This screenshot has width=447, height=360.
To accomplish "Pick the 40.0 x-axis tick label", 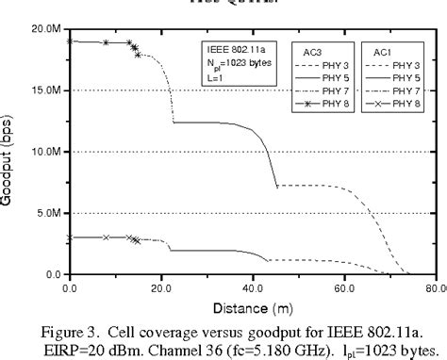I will click(x=253, y=285).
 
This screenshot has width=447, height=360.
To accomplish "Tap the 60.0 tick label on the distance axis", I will click(x=344, y=285).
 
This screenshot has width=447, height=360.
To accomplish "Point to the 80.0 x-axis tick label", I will click(x=434, y=285).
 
